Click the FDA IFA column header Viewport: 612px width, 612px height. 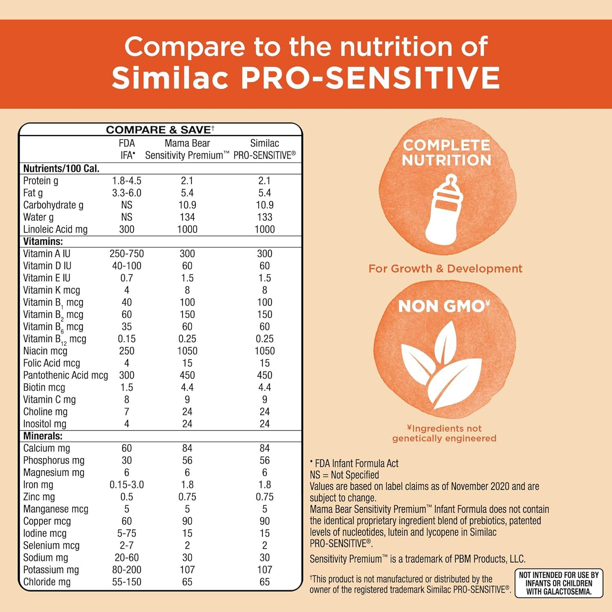coord(127,149)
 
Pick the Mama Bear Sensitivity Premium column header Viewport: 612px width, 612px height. coord(187,149)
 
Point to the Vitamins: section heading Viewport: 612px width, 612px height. coord(43,242)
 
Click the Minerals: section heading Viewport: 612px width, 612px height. coord(43,436)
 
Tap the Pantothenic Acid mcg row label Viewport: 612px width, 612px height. coord(65,375)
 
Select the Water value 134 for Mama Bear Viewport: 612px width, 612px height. coord(187,217)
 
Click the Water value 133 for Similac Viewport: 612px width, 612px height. coord(264,217)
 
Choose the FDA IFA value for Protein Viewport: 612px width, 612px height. coord(127,181)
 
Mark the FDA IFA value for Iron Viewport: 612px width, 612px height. coord(127,485)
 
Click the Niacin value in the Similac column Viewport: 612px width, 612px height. coord(264,351)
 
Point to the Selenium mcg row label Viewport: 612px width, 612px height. coord(51,545)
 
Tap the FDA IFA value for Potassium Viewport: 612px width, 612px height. coord(127,570)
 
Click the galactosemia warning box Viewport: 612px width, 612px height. coord(559,583)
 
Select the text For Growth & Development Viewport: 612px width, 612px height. coord(445,268)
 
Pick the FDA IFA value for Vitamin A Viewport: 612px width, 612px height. coord(127,254)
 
